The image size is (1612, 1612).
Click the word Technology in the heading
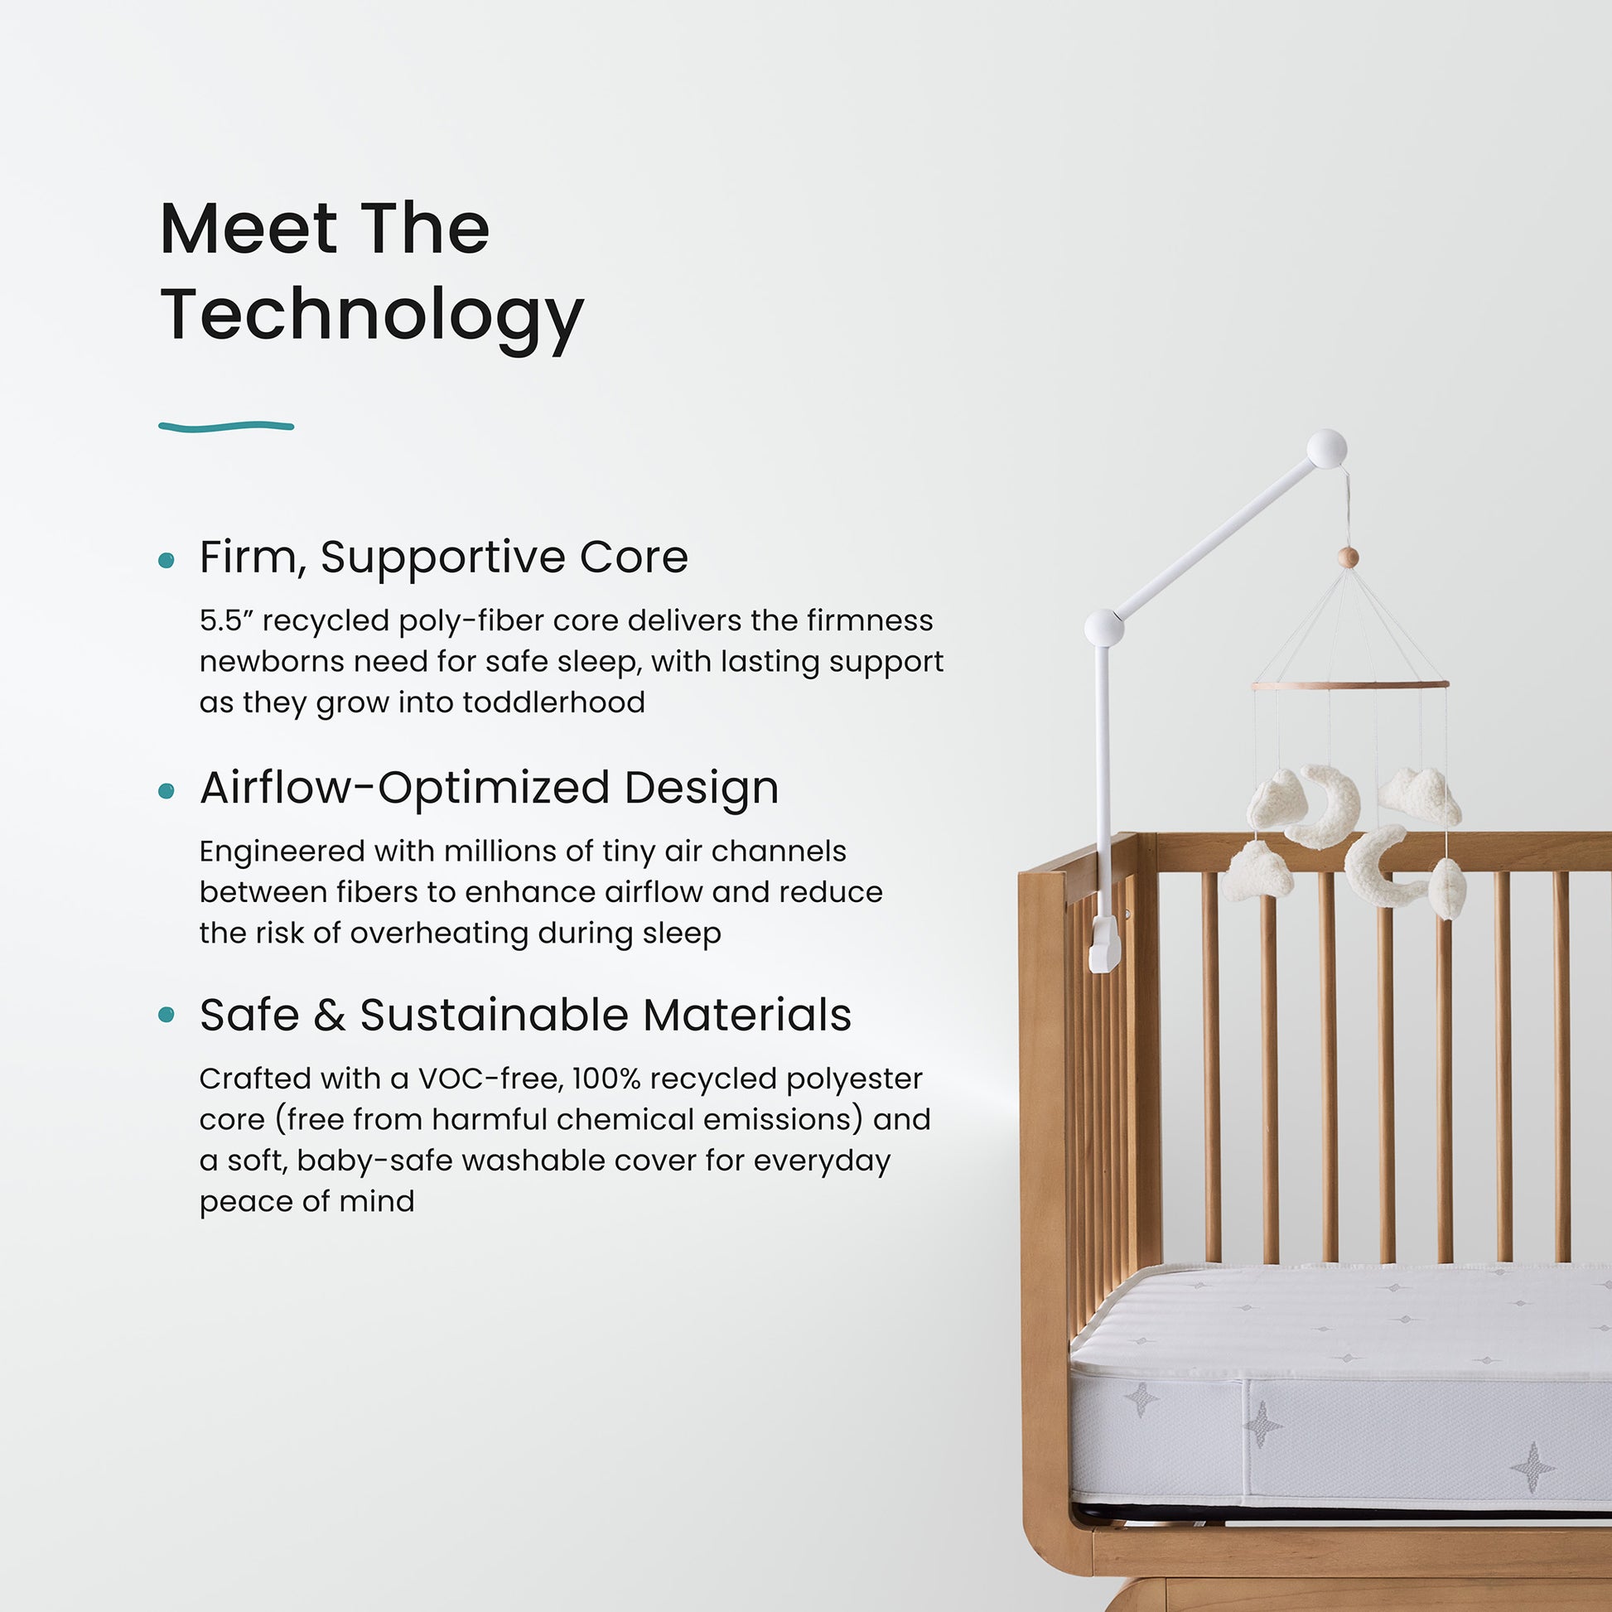tap(371, 316)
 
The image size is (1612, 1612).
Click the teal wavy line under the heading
tap(226, 427)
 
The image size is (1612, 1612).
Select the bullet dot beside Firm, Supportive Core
tap(167, 560)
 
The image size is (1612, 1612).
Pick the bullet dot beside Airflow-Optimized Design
tap(167, 790)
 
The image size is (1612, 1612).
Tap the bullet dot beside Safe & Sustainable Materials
tap(167, 1015)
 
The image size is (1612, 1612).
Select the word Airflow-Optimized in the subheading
tap(405, 788)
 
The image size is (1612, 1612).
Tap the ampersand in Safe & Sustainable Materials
tap(330, 1016)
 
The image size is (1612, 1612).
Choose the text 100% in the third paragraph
tap(606, 1079)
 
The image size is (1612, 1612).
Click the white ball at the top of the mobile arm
tap(1326, 449)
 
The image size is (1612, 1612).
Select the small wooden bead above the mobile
tap(1348, 557)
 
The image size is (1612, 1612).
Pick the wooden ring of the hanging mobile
tap(1350, 686)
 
